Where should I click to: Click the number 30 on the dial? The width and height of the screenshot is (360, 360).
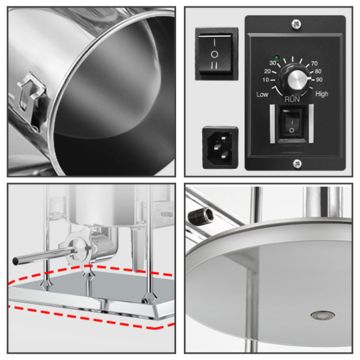[x=273, y=62]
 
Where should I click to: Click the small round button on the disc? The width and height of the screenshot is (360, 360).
[x=323, y=314]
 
